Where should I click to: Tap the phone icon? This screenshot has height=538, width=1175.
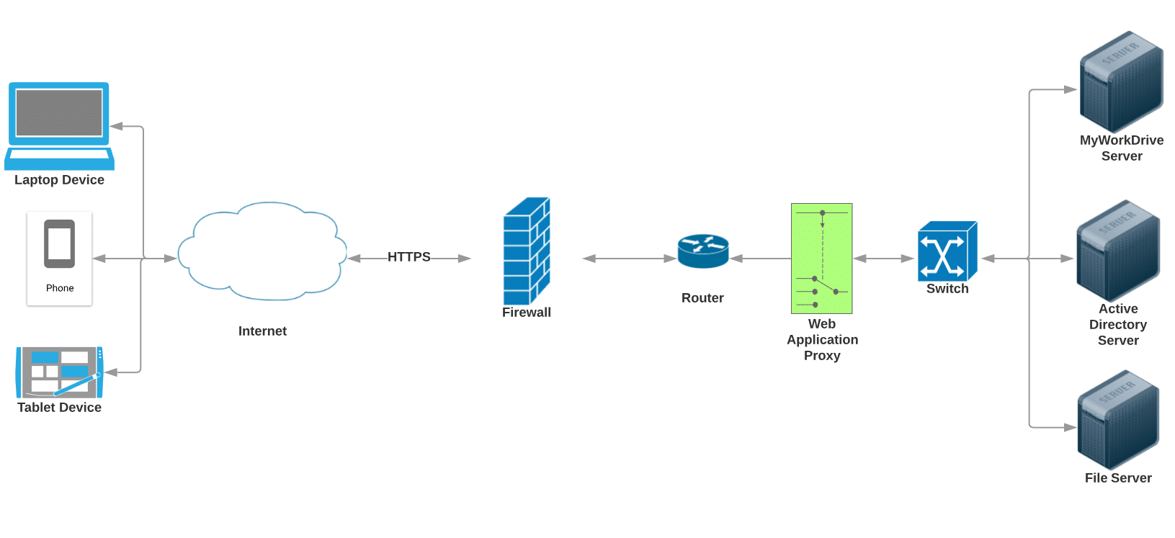pyautogui.click(x=59, y=245)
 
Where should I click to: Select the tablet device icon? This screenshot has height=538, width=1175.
pyautogui.click(x=60, y=372)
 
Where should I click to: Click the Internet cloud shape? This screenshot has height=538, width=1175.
pyautogui.click(x=262, y=252)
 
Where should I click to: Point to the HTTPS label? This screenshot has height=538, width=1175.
pyautogui.click(x=408, y=257)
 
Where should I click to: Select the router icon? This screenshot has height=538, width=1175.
pyautogui.click(x=703, y=251)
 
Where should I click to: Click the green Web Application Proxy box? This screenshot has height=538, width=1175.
pyautogui.click(x=821, y=258)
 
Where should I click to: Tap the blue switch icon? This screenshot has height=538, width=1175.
pyautogui.click(x=947, y=251)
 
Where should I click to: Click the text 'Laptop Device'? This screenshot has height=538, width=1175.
pyautogui.click(x=59, y=180)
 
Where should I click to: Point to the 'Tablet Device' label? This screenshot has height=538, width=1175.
pyautogui.click(x=59, y=408)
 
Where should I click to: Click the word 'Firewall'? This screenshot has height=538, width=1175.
pyautogui.click(x=527, y=313)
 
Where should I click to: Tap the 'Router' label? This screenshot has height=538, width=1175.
pyautogui.click(x=702, y=298)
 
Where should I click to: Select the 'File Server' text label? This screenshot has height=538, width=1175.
pyautogui.click(x=1118, y=478)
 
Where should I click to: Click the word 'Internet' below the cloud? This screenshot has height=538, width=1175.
pyautogui.click(x=262, y=331)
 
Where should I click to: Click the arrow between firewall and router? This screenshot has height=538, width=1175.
pyautogui.click(x=629, y=259)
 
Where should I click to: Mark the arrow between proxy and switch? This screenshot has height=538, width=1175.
pyautogui.click(x=884, y=259)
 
